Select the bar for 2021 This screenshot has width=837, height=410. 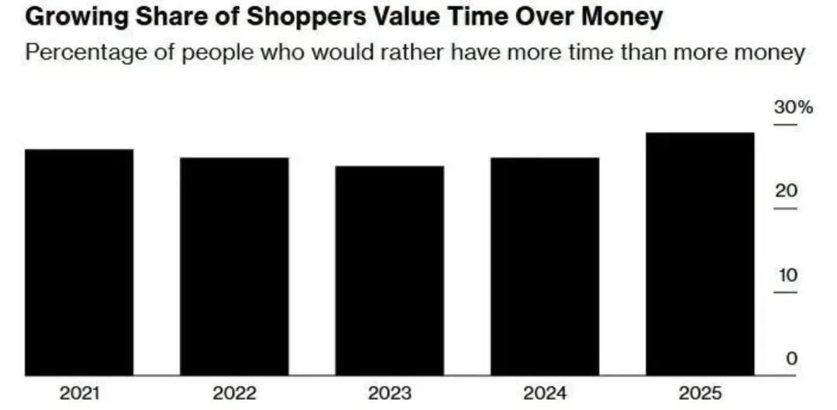79,262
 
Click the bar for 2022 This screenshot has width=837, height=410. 234,267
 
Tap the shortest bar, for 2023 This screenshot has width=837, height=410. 389,270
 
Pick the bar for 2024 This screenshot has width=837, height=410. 545,267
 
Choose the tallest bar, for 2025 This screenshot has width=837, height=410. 700,254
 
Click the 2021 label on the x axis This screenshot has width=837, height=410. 79,393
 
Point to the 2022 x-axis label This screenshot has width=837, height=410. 234,393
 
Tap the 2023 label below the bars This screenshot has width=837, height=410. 389,393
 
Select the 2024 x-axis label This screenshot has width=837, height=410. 545,393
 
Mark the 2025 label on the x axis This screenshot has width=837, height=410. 700,393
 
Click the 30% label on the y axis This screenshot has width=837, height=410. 793,107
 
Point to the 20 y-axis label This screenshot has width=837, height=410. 786,191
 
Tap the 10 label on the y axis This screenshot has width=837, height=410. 786,275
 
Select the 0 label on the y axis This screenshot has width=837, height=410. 790,359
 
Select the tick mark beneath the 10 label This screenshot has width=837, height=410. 786,292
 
